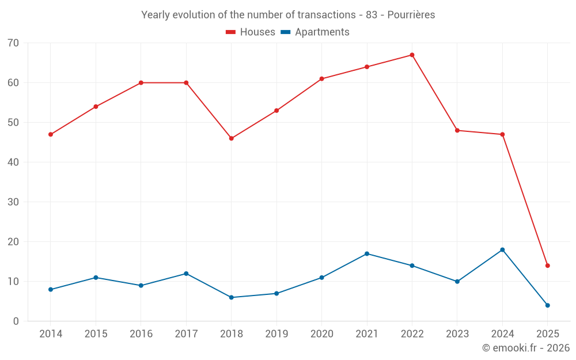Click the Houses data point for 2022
[412, 55]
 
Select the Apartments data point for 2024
[502, 249]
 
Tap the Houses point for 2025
[547, 266]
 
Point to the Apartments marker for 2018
[232, 297]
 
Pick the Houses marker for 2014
[51, 134]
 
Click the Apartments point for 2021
[367, 253]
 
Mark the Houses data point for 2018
[232, 138]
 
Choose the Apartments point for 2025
[547, 305]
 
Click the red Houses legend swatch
[231, 32]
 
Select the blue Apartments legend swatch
[286, 32]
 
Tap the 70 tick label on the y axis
[14, 43]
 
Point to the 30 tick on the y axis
[14, 202]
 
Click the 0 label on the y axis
[16, 321]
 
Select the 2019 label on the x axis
[276, 334]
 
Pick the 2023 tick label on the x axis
[457, 334]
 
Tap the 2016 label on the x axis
[141, 334]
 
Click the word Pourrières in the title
[411, 14]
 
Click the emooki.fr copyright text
[526, 348]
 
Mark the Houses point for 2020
[322, 79]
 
